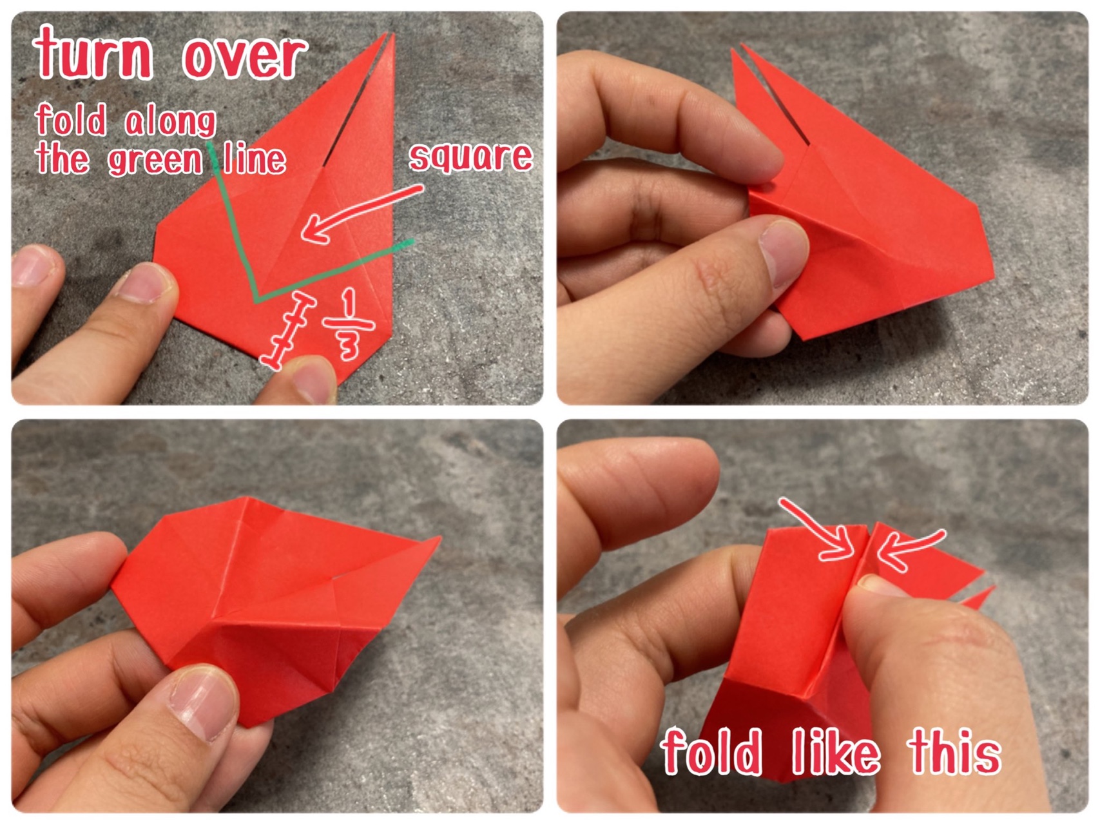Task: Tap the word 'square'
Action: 470,156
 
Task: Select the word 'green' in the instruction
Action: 155,160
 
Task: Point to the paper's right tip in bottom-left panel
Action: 439,538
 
